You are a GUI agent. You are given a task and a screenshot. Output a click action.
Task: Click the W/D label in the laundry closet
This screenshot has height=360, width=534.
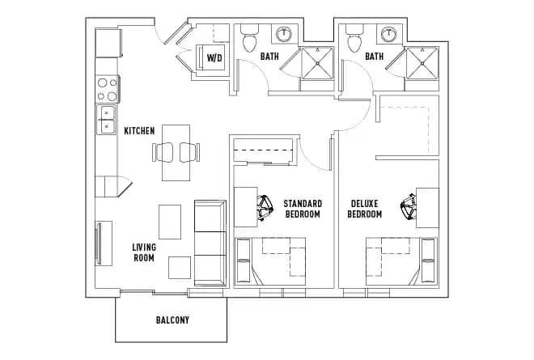pos(214,57)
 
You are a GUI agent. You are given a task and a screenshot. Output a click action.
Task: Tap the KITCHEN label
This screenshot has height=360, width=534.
pos(139,130)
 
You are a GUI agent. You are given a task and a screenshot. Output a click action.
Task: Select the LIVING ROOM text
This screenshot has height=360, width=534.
pos(145,252)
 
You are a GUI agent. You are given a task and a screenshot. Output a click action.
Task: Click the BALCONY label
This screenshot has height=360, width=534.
pos(172,320)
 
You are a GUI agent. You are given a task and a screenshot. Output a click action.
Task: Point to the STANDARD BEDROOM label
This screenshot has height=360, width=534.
pos(303,209)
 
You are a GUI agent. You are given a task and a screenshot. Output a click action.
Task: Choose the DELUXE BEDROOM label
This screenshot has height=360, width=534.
pos(365,209)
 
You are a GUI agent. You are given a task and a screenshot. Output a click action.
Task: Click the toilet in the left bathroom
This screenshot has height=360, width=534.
pos(249,40)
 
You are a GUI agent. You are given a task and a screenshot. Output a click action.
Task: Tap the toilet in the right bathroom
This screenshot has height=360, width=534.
pos(354,40)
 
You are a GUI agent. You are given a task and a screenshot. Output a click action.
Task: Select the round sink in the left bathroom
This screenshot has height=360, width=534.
pos(285,34)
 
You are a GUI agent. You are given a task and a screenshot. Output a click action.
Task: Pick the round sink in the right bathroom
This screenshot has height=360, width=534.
pos(389,34)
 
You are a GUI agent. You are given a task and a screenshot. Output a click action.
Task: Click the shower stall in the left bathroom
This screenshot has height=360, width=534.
pos(317,64)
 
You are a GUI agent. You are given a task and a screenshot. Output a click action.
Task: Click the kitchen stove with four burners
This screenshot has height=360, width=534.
pos(107,88)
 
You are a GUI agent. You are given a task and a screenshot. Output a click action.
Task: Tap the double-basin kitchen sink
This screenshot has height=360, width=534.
pos(106,121)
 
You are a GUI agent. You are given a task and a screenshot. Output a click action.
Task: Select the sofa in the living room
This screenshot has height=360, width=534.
pos(210,241)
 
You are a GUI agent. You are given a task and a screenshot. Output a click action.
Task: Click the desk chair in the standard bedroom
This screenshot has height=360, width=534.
pos(265,206)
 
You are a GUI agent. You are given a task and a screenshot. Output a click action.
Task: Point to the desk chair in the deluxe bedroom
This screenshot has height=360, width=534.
pos(408,207)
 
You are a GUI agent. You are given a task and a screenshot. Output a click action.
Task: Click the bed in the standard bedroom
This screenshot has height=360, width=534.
pos(270,261)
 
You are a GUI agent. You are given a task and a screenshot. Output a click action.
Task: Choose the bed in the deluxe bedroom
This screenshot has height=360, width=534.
pos(400,261)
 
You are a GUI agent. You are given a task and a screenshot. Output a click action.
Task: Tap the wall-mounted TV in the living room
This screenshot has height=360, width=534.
pos(99,244)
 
